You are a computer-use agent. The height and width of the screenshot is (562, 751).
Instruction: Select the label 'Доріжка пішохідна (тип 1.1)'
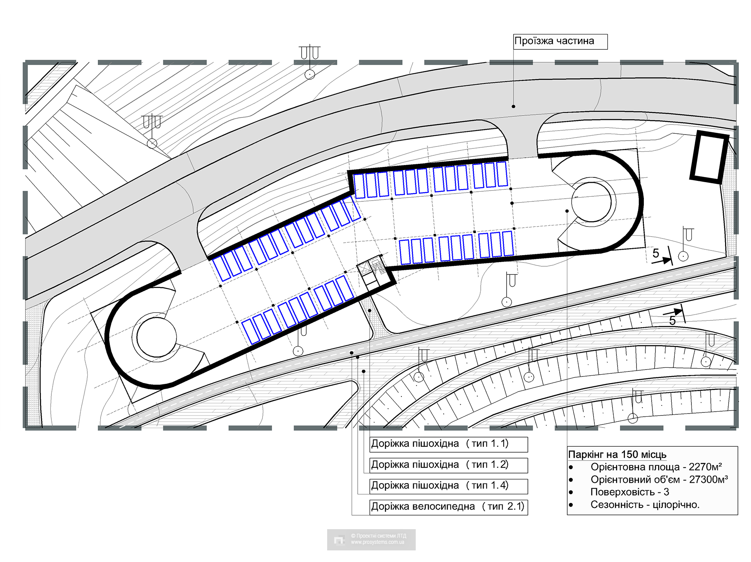point(440,444)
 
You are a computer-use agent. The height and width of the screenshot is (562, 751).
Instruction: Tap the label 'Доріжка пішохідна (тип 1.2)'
point(440,465)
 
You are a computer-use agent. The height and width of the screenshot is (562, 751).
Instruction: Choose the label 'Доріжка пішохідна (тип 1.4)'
point(440,485)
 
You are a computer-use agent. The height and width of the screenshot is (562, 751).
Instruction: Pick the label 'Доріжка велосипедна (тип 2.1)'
point(448,506)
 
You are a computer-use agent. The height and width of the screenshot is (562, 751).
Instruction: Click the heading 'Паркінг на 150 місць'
point(617,455)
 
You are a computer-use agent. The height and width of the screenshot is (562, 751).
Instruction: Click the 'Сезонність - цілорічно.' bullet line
point(645,505)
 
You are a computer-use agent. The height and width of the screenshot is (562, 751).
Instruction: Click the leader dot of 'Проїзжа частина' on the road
point(514,106)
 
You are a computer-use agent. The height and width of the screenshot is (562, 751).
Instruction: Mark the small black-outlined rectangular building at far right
point(709,157)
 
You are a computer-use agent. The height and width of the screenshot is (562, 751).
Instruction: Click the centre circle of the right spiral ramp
point(591,201)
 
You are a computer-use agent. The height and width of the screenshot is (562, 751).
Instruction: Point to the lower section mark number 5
point(672,320)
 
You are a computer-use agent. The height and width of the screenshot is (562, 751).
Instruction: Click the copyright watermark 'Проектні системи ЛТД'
point(378,536)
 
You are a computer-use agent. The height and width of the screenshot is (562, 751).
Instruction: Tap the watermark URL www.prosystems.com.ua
point(377,542)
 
